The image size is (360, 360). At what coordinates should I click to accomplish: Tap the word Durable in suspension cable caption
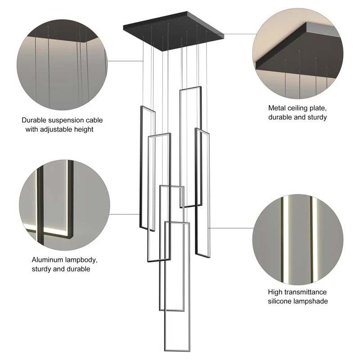[34, 120]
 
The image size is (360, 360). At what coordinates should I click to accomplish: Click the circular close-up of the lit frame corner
[64, 202]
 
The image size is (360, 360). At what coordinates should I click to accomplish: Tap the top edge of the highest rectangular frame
[190, 88]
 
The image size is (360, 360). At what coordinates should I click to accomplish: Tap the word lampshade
[313, 301]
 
